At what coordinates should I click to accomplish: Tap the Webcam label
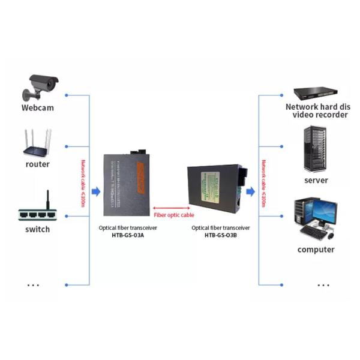[38, 108]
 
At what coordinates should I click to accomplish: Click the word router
[38, 164]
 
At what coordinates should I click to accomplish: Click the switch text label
[38, 229]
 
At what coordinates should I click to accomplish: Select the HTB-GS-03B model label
[220, 235]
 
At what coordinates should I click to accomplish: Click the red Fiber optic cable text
[174, 214]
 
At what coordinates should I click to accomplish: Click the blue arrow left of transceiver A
[95, 191]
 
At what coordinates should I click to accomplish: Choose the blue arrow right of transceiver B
[250, 191]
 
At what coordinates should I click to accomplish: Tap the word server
[316, 180]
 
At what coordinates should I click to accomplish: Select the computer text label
[316, 250]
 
